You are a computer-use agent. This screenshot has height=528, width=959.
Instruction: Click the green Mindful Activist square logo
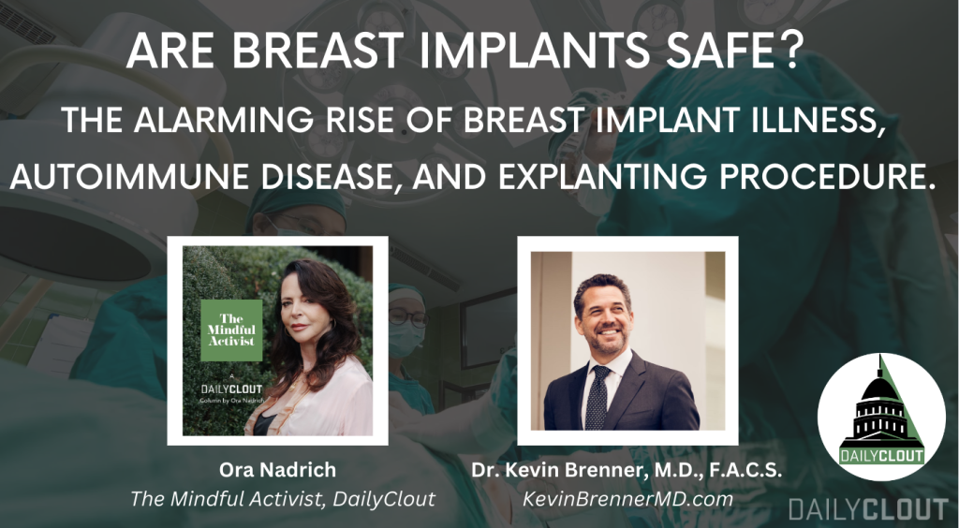[231, 330]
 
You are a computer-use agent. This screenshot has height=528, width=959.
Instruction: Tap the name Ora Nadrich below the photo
[277, 469]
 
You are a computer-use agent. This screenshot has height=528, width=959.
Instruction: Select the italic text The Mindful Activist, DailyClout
[283, 499]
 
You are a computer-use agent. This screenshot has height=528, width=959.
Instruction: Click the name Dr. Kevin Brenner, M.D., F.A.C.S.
[627, 469]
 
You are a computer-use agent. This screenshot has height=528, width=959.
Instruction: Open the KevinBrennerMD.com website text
[627, 499]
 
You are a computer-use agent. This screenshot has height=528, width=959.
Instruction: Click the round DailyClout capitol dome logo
[881, 417]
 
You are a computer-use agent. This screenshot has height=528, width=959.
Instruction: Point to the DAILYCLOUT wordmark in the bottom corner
[868, 508]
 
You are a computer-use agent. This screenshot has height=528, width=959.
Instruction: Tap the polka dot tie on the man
[597, 397]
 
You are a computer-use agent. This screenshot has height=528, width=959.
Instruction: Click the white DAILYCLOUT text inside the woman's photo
[231, 389]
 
